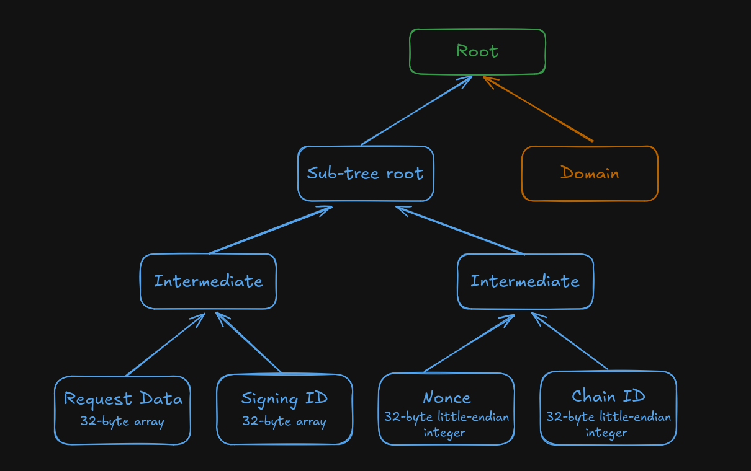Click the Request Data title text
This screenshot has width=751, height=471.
click(x=123, y=399)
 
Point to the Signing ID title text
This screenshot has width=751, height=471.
click(x=284, y=399)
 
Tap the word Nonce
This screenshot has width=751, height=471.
click(x=447, y=398)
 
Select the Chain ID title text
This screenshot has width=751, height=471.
click(x=608, y=397)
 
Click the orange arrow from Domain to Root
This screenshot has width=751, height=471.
click(x=538, y=109)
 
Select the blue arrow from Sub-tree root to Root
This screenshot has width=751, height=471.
click(x=416, y=111)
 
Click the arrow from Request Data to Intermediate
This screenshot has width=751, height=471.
click(x=165, y=345)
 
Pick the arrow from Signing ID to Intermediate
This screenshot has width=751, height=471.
click(x=249, y=343)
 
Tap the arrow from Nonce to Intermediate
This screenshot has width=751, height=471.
click(x=469, y=343)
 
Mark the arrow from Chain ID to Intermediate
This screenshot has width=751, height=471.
click(x=570, y=341)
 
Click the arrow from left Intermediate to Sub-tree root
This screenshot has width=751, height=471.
click(x=271, y=230)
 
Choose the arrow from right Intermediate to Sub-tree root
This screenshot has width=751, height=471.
click(x=460, y=230)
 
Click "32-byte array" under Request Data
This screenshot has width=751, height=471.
click(x=122, y=421)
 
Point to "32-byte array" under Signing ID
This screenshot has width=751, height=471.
click(x=284, y=421)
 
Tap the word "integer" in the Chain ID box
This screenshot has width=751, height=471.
click(x=606, y=433)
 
